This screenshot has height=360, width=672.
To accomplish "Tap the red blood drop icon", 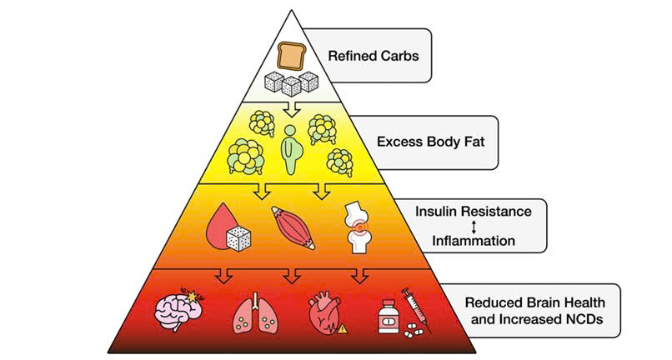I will (x=224, y=226).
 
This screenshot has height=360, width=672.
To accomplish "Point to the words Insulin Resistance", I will (x=473, y=211).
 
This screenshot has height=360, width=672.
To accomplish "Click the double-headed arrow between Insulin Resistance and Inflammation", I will (x=473, y=226).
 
